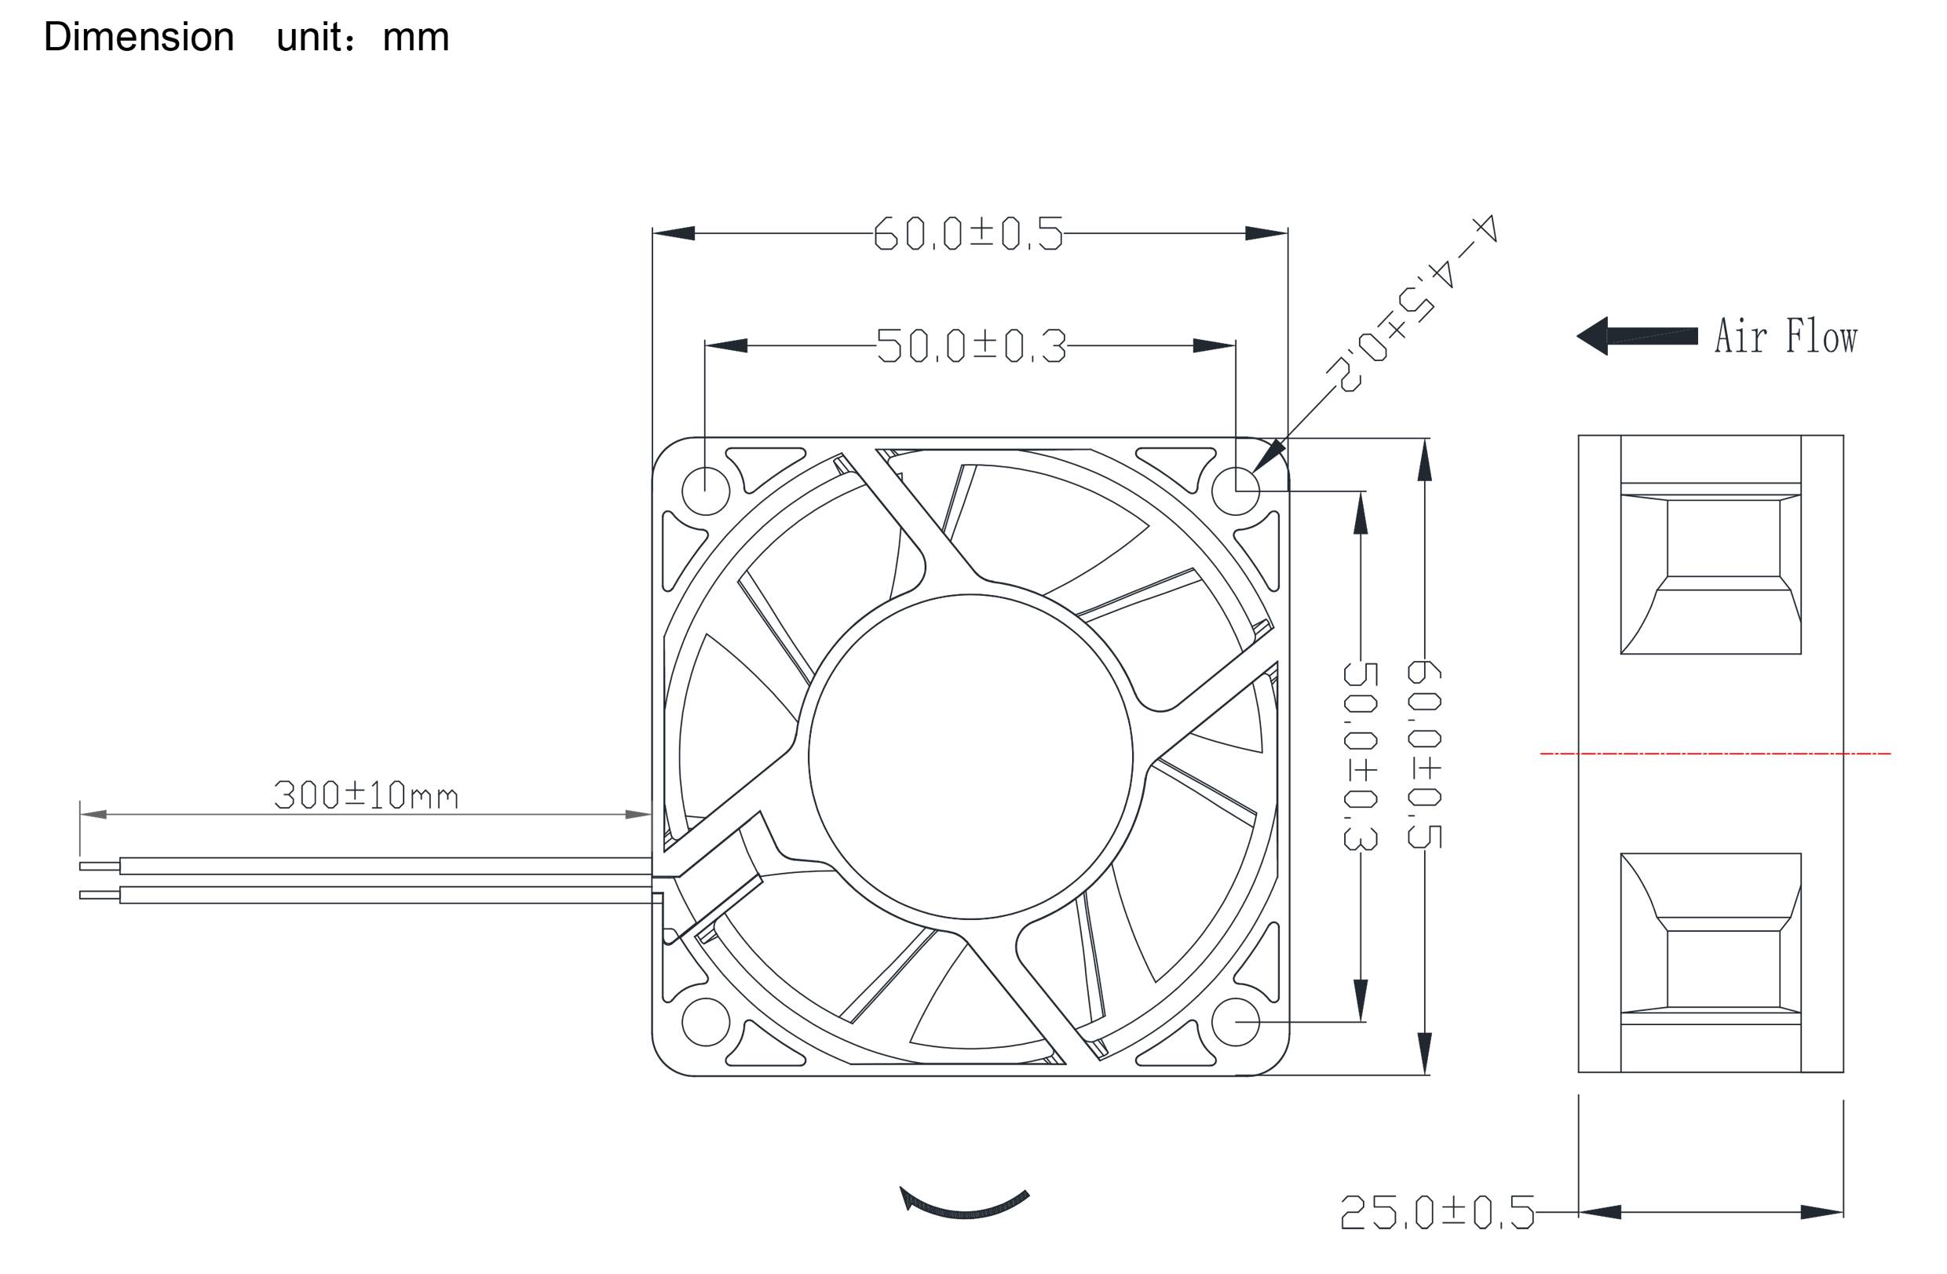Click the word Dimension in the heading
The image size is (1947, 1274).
[138, 38]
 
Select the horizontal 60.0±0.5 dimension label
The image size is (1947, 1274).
[968, 234]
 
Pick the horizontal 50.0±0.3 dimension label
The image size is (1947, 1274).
[971, 347]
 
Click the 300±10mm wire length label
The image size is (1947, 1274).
[365, 796]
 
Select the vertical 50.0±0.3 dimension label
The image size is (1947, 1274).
[1360, 757]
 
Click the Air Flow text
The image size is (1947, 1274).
[1785, 337]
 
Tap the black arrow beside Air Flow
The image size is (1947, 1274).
[1636, 336]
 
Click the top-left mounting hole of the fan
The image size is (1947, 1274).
[705, 491]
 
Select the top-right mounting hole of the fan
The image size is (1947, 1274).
[1234, 491]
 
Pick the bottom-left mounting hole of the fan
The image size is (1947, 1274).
[705, 1022]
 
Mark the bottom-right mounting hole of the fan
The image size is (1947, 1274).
[1234, 1022]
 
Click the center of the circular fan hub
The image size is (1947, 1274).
[970, 757]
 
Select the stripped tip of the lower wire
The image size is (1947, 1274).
[99, 896]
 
